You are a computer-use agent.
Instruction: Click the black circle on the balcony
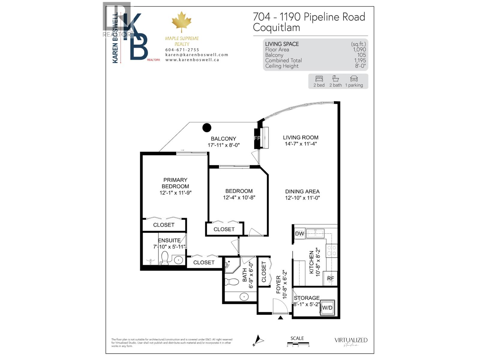tap(207, 127)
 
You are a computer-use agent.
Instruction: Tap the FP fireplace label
tap(257, 138)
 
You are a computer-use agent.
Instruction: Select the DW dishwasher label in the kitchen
tap(299, 234)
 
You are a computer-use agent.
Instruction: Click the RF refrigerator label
tap(330, 278)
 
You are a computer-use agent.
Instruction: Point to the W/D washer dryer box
tap(327, 308)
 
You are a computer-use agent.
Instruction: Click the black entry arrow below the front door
tap(280, 317)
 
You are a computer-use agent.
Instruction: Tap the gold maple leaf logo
tap(181, 22)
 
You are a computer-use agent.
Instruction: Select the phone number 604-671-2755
tap(182, 50)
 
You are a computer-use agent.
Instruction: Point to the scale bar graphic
tap(298, 344)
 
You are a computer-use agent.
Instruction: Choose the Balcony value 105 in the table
tap(361, 55)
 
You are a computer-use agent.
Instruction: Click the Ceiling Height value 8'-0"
tap(360, 66)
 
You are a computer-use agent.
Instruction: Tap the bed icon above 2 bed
tap(319, 79)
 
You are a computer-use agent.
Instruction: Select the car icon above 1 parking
tap(354, 79)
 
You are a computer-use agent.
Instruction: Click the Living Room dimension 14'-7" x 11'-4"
tap(301, 144)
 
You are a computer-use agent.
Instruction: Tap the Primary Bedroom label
tap(175, 183)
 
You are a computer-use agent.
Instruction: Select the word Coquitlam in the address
tap(276, 28)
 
